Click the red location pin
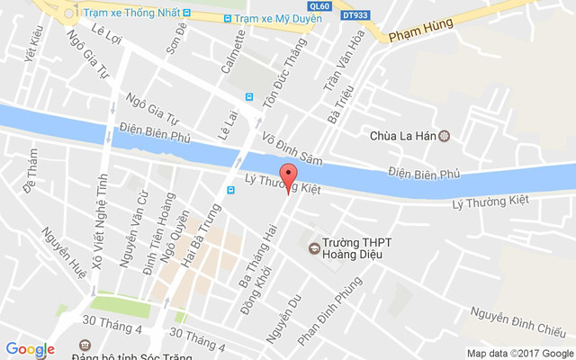tap(288, 176)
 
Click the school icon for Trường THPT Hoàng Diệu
tap(314, 247)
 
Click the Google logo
tap(30, 349)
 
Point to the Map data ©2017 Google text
tap(519, 353)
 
